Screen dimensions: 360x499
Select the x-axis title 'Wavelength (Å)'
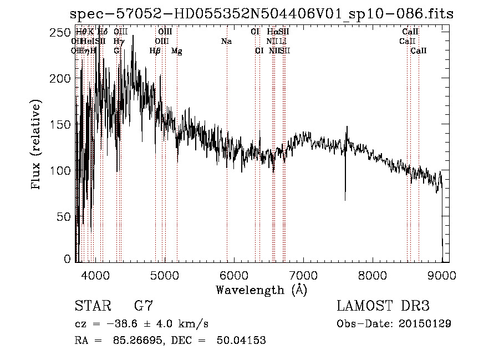tap(261, 290)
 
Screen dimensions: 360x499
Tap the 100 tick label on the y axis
tap(62, 170)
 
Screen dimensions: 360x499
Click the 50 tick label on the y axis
tap(65, 216)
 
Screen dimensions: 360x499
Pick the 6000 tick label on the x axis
tap(233, 275)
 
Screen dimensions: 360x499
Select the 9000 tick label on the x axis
tap(441, 275)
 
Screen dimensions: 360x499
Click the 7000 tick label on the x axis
tap(303, 275)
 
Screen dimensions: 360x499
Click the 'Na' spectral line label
tap(226, 41)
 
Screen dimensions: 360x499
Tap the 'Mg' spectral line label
tap(177, 51)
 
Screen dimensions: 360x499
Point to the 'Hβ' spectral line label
tap(155, 51)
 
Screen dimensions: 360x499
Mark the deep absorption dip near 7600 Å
tap(345, 197)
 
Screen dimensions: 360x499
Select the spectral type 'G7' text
tap(143, 306)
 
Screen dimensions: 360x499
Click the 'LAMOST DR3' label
tap(383, 306)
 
